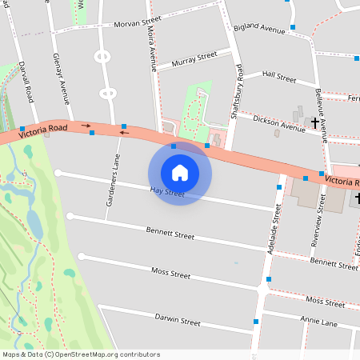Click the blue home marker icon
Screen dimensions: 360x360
click(180, 172)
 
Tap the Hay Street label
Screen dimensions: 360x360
click(167, 192)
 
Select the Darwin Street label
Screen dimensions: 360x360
click(177, 321)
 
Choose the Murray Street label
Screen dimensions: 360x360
click(194, 58)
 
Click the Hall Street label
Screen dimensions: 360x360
click(279, 77)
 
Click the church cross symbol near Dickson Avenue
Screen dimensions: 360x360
click(314, 123)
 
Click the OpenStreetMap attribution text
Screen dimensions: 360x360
click(81, 354)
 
